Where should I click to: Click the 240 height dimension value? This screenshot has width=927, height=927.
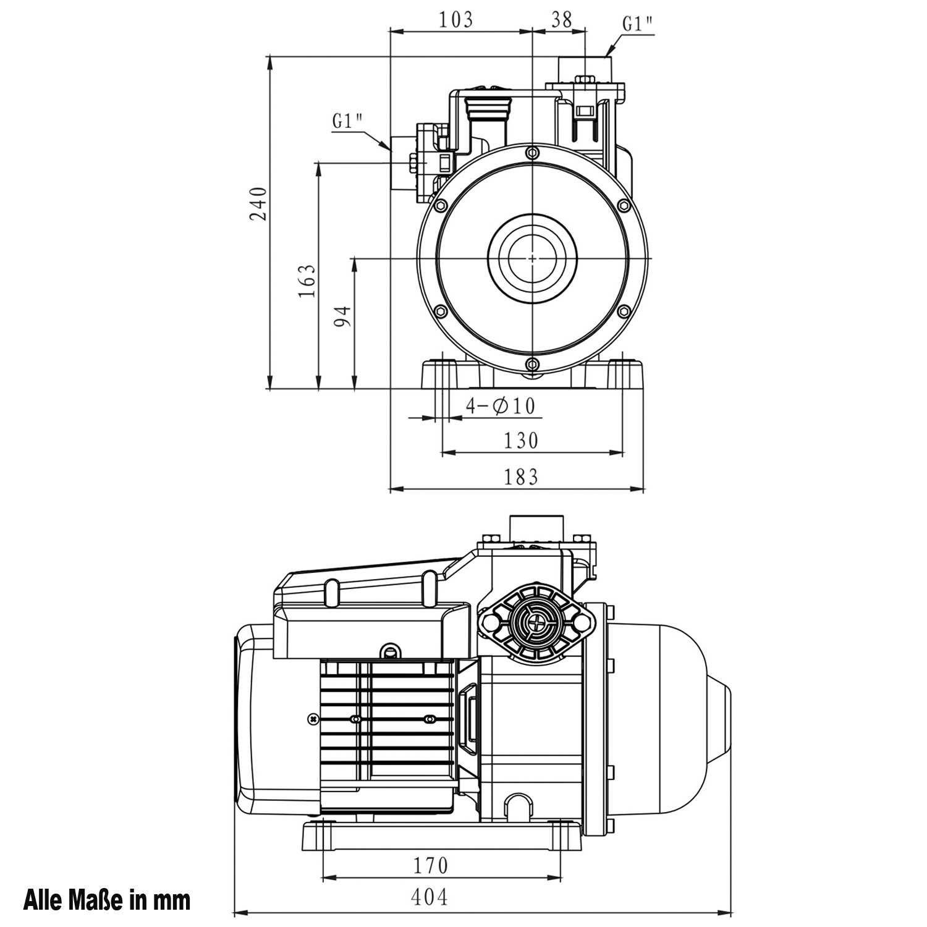pos(259,203)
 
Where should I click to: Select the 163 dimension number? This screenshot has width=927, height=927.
pos(308,281)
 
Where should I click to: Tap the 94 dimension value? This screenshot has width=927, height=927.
pos(344,316)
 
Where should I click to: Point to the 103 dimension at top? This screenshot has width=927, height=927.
pos(456,20)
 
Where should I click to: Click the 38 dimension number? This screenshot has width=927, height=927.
pos(561,20)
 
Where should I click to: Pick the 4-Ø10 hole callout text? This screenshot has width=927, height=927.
pos(501,406)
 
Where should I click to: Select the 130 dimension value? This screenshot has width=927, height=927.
pos(521,441)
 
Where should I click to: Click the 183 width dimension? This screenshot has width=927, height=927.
pos(521,476)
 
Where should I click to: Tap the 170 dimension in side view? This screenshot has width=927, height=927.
pos(430,865)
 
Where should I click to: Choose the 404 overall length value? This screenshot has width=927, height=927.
pos(429,897)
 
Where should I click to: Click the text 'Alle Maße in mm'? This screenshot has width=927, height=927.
pos(107,900)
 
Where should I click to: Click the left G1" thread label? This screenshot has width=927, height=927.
pos(347,121)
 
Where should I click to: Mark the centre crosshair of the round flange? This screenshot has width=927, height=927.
pos(533,258)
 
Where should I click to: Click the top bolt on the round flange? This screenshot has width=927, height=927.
pos(533,153)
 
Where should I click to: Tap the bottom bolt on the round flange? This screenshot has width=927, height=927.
pos(533,364)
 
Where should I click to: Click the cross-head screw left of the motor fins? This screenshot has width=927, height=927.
pos(313,719)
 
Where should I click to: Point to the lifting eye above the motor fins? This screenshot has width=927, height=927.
pos(389,650)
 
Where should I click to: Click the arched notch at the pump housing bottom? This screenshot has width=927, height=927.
pos(518,805)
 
